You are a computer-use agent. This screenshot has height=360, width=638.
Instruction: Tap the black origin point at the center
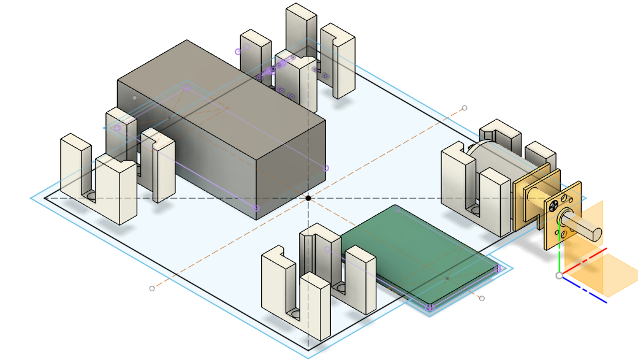click(x=308, y=197)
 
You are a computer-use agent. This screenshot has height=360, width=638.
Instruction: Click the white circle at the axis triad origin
click(x=559, y=275)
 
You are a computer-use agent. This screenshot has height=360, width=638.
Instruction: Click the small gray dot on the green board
click(x=447, y=278)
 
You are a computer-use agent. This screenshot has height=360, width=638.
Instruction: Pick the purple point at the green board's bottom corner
click(x=429, y=307)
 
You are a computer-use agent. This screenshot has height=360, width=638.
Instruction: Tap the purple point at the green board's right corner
click(x=498, y=268)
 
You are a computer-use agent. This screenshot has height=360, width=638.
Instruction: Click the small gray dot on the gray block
click(x=135, y=98)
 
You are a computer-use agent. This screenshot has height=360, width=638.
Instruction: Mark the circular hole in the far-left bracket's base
click(x=91, y=196)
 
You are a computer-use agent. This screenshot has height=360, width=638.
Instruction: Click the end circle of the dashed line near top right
click(x=465, y=108)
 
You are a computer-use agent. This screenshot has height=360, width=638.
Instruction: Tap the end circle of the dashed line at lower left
click(x=152, y=288)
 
